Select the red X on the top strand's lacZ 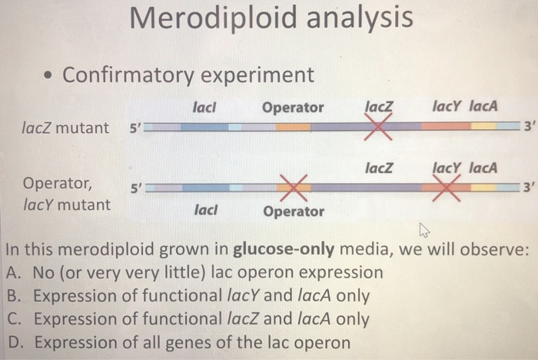(x=378, y=126)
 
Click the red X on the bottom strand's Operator (x=293, y=187)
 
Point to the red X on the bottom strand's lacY (x=447, y=187)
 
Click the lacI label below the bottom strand (x=206, y=209)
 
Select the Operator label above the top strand (x=293, y=107)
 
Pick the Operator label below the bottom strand (x=294, y=211)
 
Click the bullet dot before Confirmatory (x=48, y=76)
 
